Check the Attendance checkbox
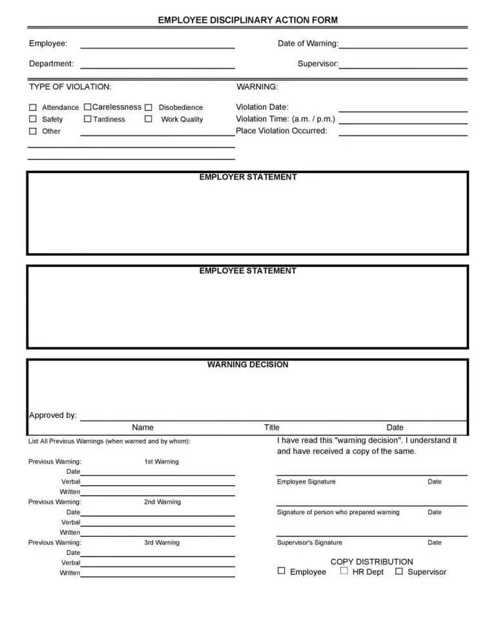[x=33, y=107]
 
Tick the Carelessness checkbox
[x=87, y=107]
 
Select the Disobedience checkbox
[x=148, y=107]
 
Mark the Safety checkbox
[x=33, y=119]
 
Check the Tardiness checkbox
[x=87, y=119]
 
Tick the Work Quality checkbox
[x=148, y=119]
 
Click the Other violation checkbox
[x=33, y=131]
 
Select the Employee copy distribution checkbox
[x=281, y=571]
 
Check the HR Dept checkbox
[x=344, y=571]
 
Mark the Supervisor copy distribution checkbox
[x=399, y=571]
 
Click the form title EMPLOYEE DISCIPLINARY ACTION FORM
[x=248, y=20]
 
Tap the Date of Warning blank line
[x=403, y=47]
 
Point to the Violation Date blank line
[x=403, y=110]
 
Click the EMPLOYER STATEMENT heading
[x=248, y=177]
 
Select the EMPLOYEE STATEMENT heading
[x=248, y=271]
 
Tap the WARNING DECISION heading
[x=248, y=364]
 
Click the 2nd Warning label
[x=162, y=502]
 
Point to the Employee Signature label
[x=306, y=482]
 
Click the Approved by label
[x=53, y=415]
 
